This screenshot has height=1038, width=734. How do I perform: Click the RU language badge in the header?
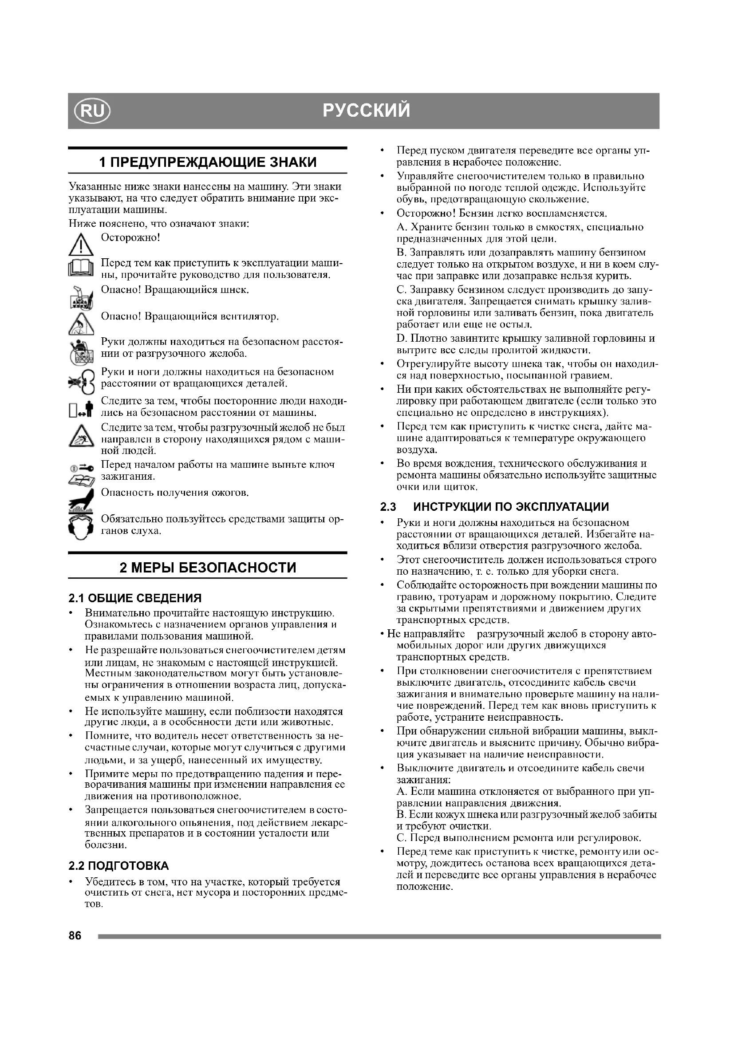[92, 111]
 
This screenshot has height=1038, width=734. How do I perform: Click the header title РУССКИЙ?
[367, 111]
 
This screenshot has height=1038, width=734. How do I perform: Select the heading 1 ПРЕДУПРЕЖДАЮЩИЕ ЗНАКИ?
[207, 162]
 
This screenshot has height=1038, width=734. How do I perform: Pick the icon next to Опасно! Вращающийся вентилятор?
[81, 324]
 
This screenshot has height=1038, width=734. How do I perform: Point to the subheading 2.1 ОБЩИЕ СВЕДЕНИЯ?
[135, 598]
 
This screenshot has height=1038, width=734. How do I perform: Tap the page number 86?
[75, 936]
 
